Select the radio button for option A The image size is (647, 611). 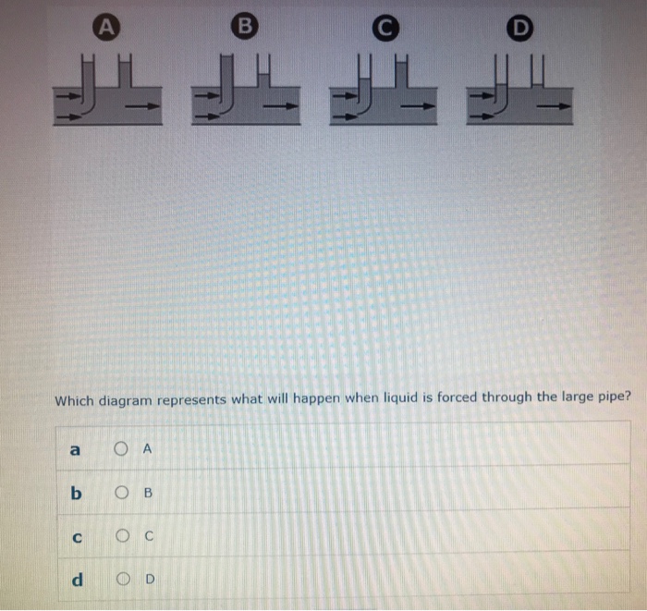point(122,449)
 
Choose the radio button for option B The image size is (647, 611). point(121,492)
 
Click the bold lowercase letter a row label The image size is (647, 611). point(76,449)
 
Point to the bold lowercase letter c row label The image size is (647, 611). point(77,535)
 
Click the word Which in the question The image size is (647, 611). point(76,400)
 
